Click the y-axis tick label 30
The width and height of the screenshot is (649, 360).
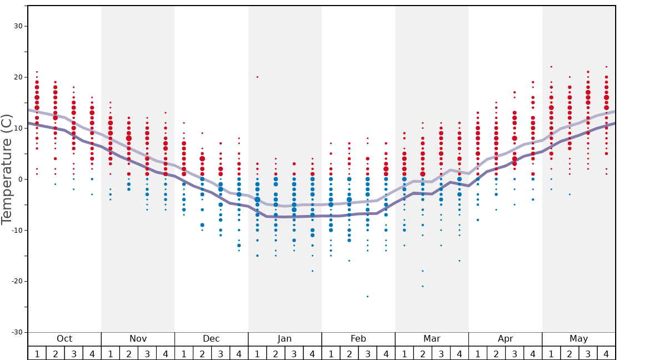pyautogui.click(x=18, y=26)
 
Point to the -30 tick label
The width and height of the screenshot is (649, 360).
pyautogui.click(x=16, y=332)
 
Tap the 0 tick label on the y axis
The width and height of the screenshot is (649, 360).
pyautogui.click(x=20, y=179)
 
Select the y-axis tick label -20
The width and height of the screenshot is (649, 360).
pyautogui.click(x=16, y=281)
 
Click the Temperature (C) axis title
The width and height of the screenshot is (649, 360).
pyautogui.click(x=7, y=169)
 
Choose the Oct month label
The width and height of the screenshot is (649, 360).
pyautogui.click(x=64, y=339)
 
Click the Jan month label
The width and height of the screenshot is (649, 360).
pyautogui.click(x=284, y=339)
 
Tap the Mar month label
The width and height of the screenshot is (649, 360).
pyautogui.click(x=432, y=339)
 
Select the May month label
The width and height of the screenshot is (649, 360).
pyautogui.click(x=578, y=339)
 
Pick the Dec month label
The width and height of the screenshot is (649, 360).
pyautogui.click(x=211, y=339)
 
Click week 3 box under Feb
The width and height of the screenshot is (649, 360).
pyautogui.click(x=367, y=353)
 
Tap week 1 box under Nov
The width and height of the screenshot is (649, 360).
pyautogui.click(x=111, y=353)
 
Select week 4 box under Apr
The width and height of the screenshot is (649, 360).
pyautogui.click(x=533, y=353)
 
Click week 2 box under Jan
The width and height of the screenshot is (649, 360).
pyautogui.click(x=276, y=353)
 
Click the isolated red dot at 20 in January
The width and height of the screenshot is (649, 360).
pyautogui.click(x=257, y=77)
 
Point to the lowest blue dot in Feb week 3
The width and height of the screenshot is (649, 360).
pyautogui.click(x=367, y=297)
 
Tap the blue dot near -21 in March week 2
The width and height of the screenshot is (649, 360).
pyautogui.click(x=422, y=286)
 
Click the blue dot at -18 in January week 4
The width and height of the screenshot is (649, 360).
pyautogui.click(x=312, y=271)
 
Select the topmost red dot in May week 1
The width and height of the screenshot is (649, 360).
pyautogui.click(x=551, y=67)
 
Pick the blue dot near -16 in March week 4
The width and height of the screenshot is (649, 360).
pyautogui.click(x=460, y=261)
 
